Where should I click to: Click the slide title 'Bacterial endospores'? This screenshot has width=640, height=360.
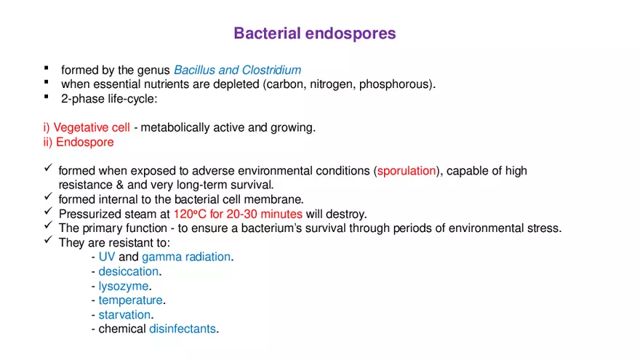coord(314,33)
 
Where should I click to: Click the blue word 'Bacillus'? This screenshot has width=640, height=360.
coord(194,71)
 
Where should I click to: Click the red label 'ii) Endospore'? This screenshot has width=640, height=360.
coord(79,143)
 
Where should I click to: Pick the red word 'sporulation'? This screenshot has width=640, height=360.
coord(407,171)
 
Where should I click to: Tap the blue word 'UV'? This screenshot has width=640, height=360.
coord(107,257)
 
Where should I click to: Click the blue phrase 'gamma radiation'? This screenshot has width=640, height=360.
coord(186,257)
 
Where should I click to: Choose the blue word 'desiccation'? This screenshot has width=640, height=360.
coord(129,272)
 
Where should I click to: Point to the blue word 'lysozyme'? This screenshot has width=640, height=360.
coord(124,286)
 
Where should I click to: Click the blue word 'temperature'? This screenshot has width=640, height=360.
coord(131,300)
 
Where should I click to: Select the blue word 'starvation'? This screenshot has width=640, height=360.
coord(125,315)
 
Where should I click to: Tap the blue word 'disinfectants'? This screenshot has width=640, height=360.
coord(183,329)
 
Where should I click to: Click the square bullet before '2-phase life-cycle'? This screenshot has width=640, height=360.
coord(46,97)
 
